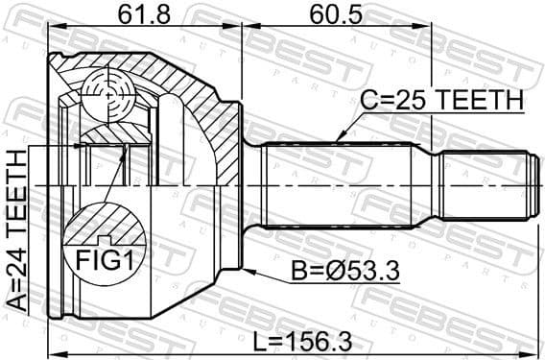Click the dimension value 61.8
[x=143, y=16]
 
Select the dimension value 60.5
[x=337, y=16]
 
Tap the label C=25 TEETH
[x=440, y=100]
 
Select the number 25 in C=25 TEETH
[x=408, y=100]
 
